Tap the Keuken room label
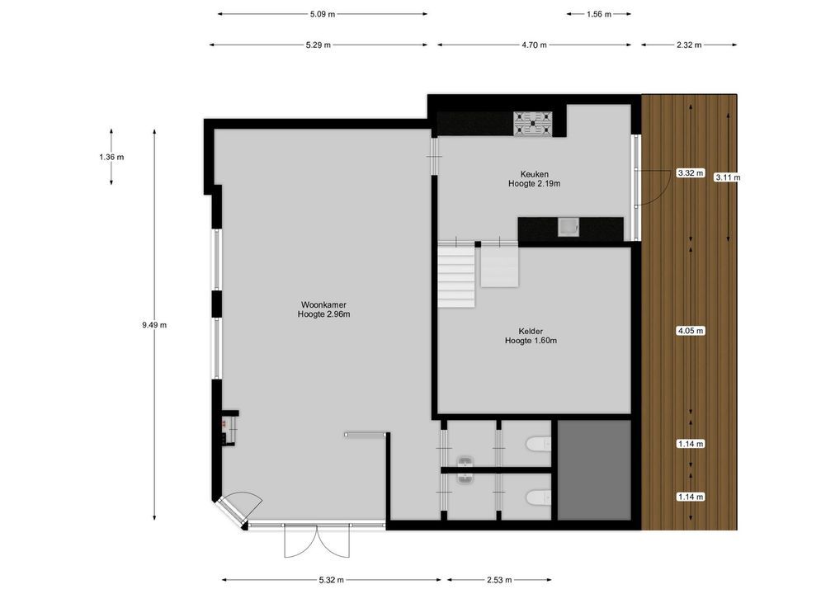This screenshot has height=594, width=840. click(x=534, y=178)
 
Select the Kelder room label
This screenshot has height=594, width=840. click(x=531, y=335)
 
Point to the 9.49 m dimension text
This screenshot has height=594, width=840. click(x=154, y=325)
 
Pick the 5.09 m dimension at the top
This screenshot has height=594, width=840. click(x=323, y=14)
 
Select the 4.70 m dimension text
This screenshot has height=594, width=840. click(x=534, y=45)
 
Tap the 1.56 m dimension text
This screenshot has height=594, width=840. click(x=598, y=14)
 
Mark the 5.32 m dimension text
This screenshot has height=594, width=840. click(x=331, y=580)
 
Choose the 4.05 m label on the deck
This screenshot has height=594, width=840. click(x=690, y=331)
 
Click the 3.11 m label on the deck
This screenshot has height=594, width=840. click(x=728, y=177)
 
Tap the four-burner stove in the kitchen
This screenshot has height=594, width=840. click(x=535, y=123)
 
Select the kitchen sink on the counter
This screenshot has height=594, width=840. click(x=569, y=226)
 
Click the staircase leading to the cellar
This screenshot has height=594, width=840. click(x=456, y=276)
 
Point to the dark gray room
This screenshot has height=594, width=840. click(x=594, y=469)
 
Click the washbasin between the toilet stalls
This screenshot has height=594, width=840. click(x=467, y=467)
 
